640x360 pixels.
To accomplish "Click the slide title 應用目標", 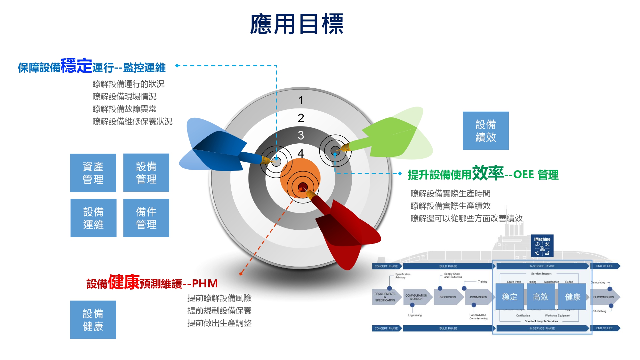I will (297, 24).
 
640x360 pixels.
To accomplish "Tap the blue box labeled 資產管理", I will (93, 173).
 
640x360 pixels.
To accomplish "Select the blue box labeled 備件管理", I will (146, 218).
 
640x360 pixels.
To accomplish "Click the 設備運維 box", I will (93, 218).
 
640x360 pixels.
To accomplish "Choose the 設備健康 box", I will (93, 320).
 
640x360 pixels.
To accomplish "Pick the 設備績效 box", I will (485, 131).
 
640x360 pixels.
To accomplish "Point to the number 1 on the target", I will (301, 100).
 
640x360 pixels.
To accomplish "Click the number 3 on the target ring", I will (301, 135).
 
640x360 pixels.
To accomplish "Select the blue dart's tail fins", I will (211, 147).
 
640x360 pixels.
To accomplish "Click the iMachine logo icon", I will (542, 246).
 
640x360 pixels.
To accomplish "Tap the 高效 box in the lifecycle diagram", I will (540, 297).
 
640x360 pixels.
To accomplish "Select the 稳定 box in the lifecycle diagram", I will (509, 297).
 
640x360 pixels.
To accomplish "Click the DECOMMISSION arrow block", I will (604, 297).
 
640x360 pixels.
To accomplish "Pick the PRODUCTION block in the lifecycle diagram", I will (447, 297).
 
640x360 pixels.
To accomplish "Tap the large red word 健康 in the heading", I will (124, 282).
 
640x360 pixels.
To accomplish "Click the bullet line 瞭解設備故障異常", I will (124, 109).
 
